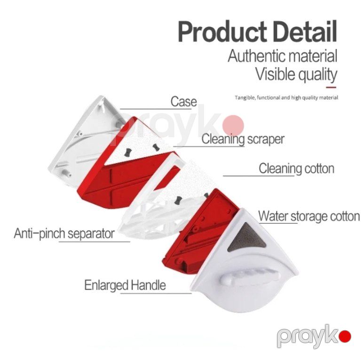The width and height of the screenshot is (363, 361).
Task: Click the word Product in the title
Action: [x=223, y=31]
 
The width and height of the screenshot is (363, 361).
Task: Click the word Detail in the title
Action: [x=305, y=31]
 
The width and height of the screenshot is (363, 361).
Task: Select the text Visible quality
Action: [x=296, y=74]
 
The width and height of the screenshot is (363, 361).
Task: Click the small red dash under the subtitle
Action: [x=331, y=87]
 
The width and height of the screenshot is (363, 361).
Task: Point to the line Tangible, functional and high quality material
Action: [x=287, y=98]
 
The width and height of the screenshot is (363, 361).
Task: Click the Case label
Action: [x=184, y=102]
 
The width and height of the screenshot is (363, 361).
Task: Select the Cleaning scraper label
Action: [x=243, y=139]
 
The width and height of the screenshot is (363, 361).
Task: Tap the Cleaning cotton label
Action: [x=297, y=168]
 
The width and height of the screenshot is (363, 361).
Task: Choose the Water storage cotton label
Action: [x=309, y=216]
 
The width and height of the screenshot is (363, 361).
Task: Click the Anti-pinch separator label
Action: [x=64, y=233]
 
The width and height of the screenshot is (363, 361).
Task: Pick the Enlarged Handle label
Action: [x=125, y=285]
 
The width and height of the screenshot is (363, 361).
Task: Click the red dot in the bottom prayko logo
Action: [x=345, y=337]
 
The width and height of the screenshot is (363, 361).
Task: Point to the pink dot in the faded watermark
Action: [x=233, y=126]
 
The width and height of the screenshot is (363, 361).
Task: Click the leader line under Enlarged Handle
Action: [x=156, y=293]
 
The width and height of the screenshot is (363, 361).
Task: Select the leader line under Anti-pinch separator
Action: [x=95, y=242]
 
